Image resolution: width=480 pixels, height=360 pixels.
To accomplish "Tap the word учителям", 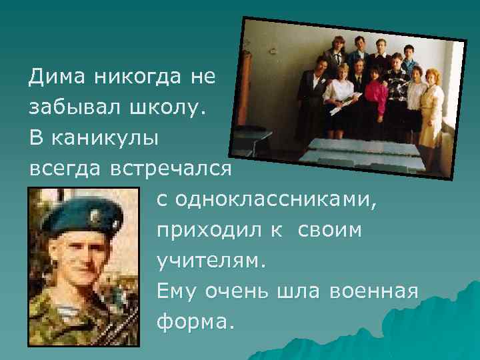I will tap(211, 261).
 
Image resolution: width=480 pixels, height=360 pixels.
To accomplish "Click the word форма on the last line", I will tap(196, 322).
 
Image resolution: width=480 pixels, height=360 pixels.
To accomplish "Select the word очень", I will tap(237, 291).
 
